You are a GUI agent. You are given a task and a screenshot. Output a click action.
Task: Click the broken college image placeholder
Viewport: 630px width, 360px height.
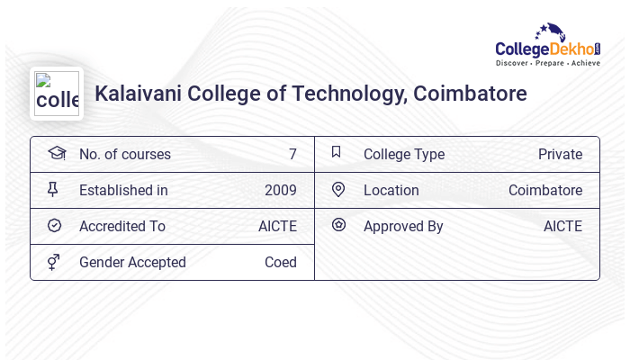point(57,94)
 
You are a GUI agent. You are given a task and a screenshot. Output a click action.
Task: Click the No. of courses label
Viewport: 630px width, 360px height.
point(124,155)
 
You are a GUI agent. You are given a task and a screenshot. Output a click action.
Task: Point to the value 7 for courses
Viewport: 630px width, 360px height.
point(292,155)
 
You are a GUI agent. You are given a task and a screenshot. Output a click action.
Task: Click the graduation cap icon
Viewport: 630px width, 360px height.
point(56,153)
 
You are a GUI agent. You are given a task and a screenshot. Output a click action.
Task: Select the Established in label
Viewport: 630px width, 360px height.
point(123,191)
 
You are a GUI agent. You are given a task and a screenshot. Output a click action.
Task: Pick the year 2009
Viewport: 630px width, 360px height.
point(280,191)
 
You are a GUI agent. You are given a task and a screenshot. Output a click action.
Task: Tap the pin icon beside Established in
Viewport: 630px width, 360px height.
point(53,190)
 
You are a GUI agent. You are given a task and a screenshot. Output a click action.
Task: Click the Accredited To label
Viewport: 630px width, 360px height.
point(122,227)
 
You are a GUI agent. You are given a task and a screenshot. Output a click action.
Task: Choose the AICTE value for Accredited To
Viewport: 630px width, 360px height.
point(277,227)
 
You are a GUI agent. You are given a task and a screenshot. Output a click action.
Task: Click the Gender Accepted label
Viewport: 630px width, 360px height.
point(132,263)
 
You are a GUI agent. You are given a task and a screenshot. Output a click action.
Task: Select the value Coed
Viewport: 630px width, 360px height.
point(280,263)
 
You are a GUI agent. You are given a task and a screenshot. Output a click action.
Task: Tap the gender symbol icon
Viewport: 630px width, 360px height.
point(54,262)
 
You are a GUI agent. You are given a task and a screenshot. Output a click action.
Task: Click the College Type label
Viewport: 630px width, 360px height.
point(404,155)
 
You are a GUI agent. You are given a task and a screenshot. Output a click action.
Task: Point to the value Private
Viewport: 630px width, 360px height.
point(560,155)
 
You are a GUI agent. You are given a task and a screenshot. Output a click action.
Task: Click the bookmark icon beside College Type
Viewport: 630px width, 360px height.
point(337,153)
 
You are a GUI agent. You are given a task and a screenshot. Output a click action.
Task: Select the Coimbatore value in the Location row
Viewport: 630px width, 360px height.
point(544,191)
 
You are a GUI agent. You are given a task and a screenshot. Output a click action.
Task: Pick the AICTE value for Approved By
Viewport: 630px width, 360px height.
point(562,227)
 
